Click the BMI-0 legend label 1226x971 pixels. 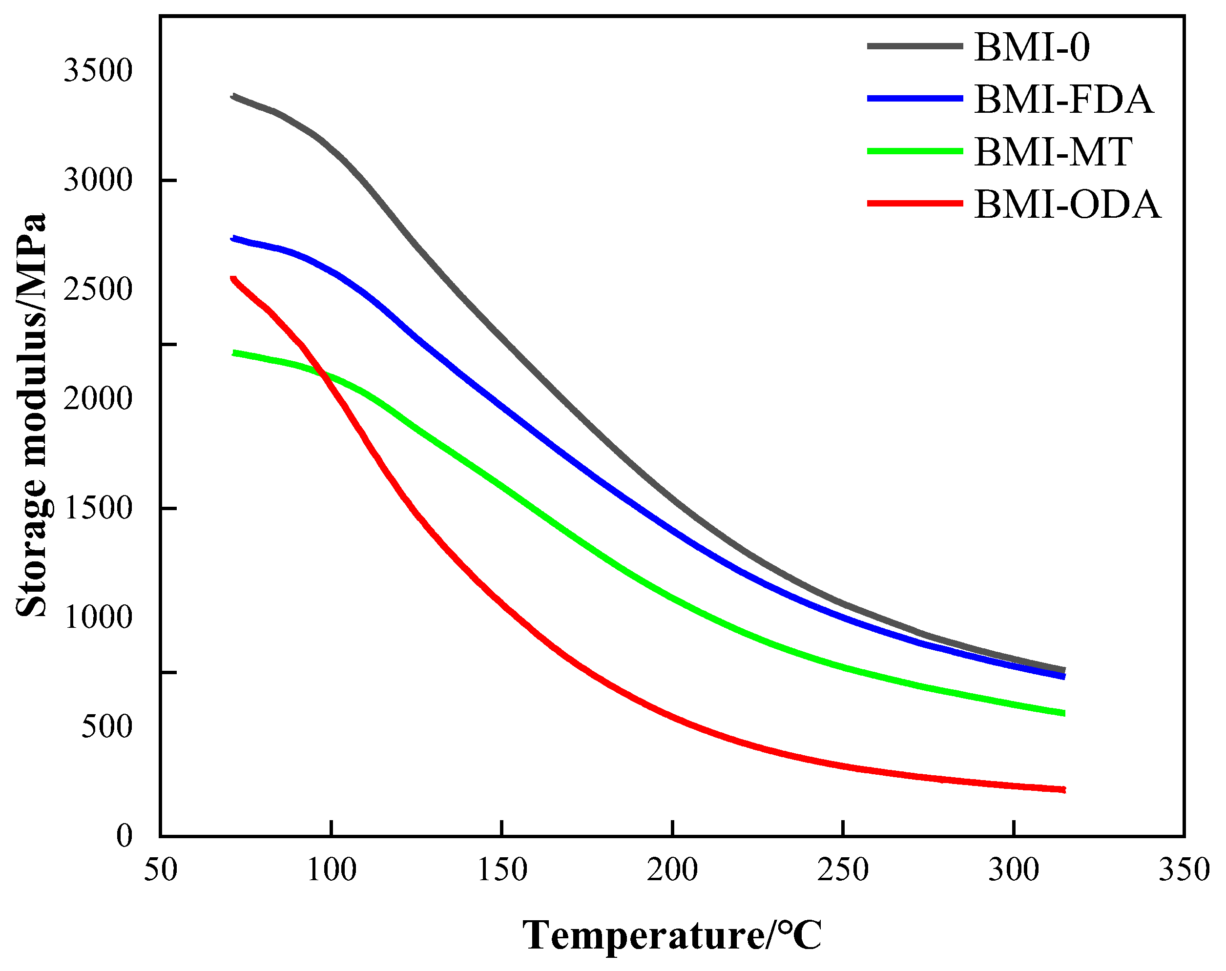[1032, 47]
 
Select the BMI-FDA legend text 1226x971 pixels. [1064, 100]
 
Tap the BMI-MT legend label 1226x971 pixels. [1053, 152]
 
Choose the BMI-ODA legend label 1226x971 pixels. [1067, 205]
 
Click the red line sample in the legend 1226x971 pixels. [915, 204]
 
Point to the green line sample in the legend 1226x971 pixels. [915, 151]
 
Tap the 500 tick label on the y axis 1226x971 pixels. [107, 726]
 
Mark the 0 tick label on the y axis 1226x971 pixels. [124, 836]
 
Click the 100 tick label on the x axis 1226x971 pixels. [331, 870]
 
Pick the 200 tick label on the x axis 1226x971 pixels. [672, 870]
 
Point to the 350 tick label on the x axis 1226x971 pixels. [1184, 870]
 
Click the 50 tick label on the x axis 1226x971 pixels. [160, 870]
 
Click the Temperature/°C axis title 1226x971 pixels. [672, 935]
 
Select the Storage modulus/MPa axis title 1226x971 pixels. [31, 415]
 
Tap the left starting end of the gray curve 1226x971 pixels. [232, 96]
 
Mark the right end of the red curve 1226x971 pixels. [1063, 790]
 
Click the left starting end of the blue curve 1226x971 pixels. [232, 238]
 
